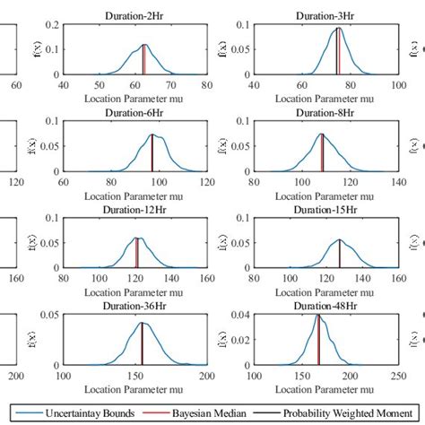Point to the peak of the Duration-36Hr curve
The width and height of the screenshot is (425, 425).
(142, 323)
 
